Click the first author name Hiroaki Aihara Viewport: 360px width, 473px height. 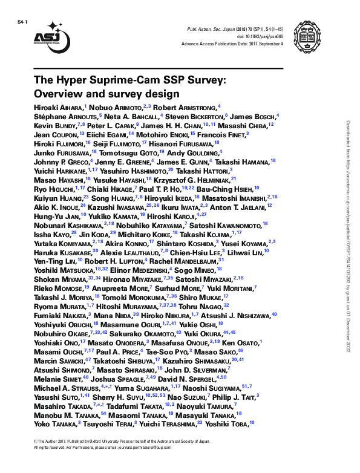point(58,107)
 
